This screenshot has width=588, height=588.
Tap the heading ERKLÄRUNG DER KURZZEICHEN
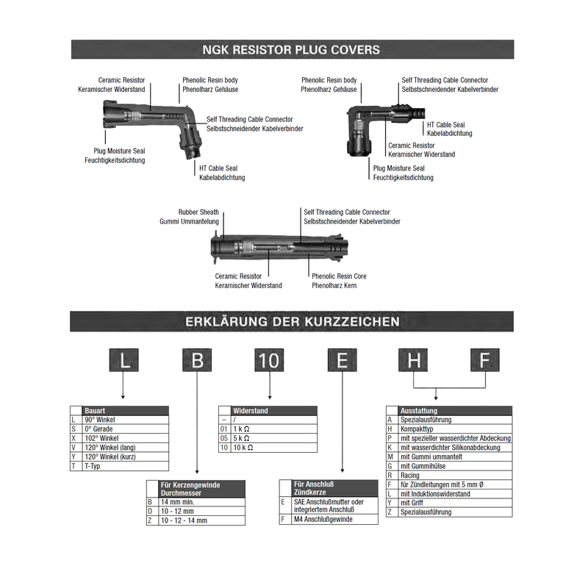coord(293,321)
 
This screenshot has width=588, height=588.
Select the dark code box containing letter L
coord(125,362)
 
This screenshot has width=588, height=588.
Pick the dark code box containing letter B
coord(197,362)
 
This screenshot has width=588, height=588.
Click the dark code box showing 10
coord(270,362)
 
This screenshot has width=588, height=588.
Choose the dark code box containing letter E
coord(342,362)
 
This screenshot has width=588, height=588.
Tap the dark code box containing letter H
coord(414,362)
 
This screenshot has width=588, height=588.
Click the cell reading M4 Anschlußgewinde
coord(323,519)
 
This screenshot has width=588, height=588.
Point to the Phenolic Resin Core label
coord(339,276)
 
